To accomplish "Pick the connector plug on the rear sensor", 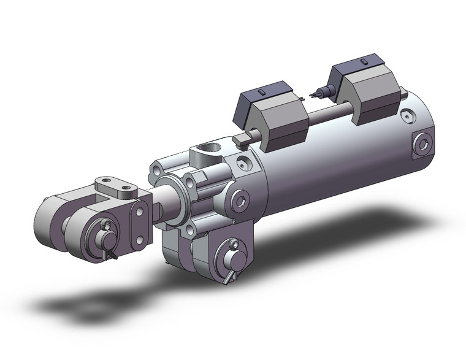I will (x=318, y=94).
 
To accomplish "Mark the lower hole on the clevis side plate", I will (x=140, y=239).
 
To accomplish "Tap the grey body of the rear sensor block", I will (x=374, y=98).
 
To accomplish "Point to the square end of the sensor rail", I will (x=242, y=140).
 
